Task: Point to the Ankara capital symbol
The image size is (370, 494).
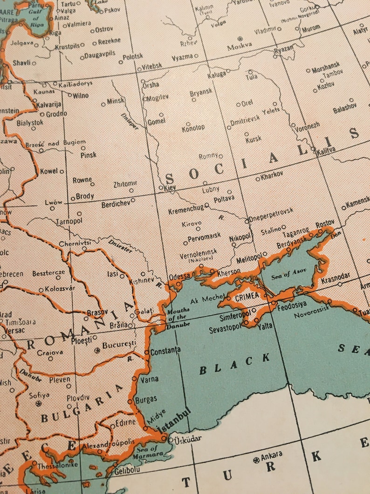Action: (x=256, y=460)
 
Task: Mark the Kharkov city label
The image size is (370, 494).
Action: (x=273, y=177)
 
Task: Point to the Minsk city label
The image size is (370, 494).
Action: (x=115, y=101)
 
